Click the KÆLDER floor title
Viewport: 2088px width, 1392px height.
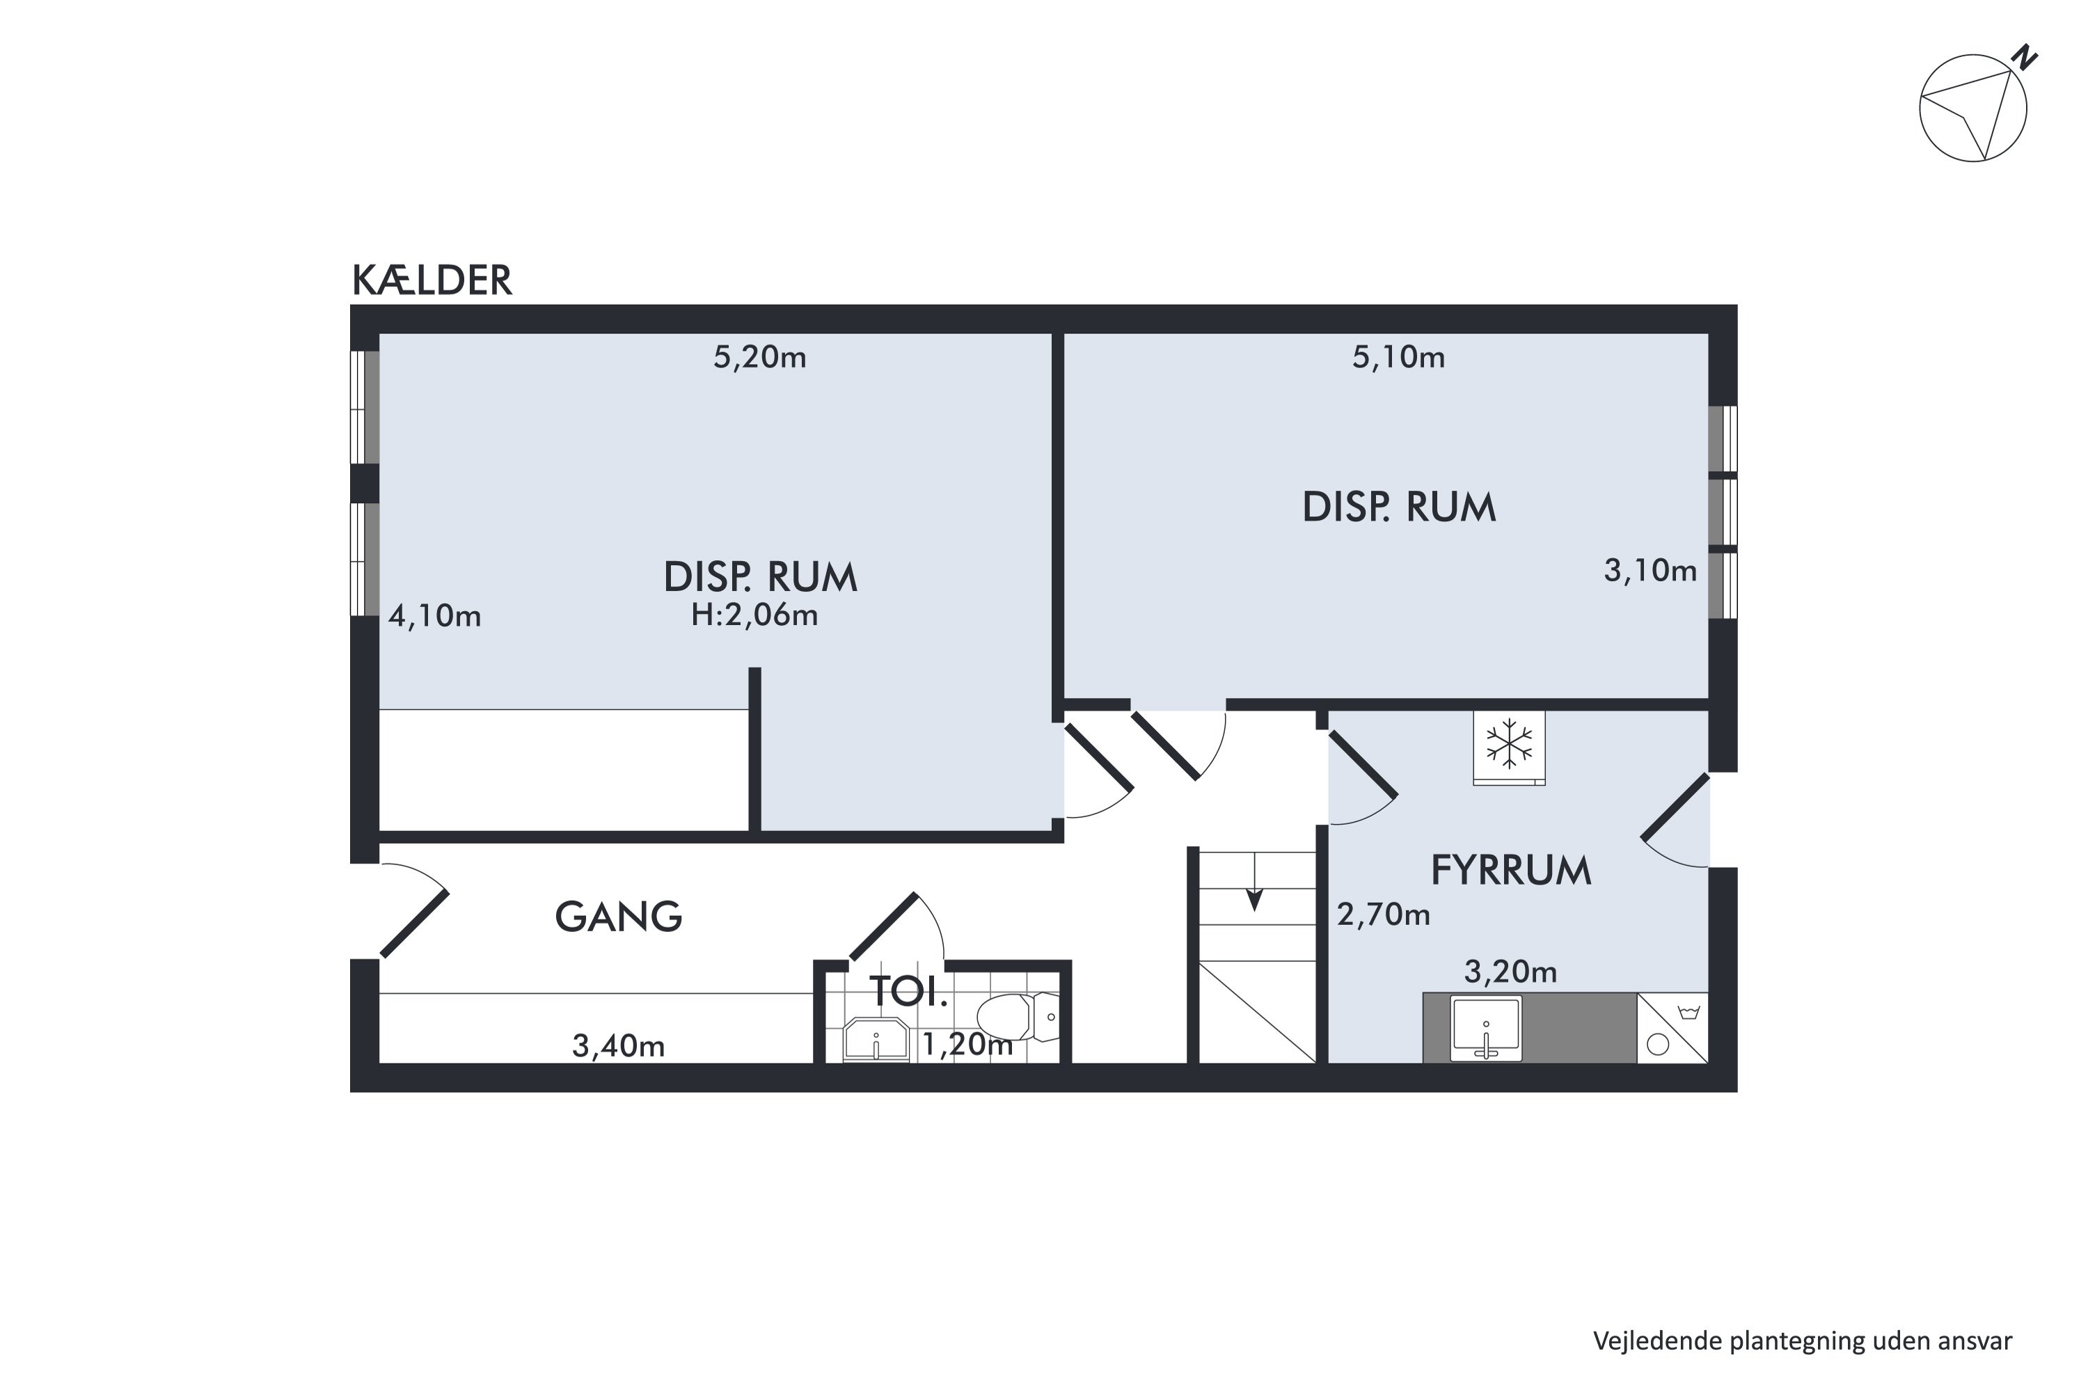click(432, 280)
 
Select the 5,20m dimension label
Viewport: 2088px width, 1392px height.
click(760, 357)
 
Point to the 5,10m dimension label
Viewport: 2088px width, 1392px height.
click(1398, 357)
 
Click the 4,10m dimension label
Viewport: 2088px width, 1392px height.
click(435, 616)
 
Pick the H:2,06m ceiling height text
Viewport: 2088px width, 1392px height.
click(754, 615)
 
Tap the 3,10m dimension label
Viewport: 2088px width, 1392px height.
click(1650, 570)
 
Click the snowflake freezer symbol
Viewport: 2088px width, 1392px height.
click(1509, 748)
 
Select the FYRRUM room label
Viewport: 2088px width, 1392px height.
click(1511, 871)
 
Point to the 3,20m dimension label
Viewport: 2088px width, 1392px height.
click(1510, 972)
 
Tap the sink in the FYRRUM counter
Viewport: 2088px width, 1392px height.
click(1486, 1028)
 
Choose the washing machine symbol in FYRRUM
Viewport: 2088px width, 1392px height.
click(1672, 1028)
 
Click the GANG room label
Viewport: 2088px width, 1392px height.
click(619, 917)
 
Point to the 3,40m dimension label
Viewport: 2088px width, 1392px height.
click(619, 1047)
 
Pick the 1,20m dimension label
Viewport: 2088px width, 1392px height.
click(967, 1045)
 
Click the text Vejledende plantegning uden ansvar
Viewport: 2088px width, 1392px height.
click(1802, 1340)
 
